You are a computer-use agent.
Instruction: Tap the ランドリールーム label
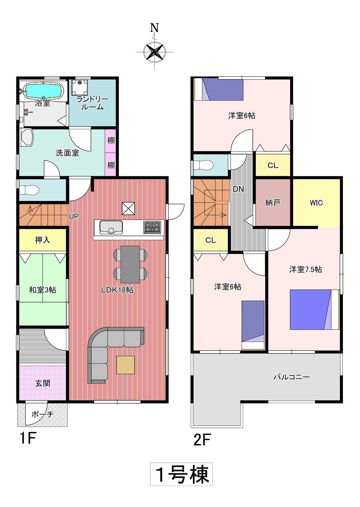tap(92, 103)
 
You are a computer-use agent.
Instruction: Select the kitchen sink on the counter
tap(111, 227)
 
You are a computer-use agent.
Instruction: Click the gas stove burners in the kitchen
tap(152, 227)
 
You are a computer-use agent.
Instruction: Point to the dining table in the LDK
tap(130, 264)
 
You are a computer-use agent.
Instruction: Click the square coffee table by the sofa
tap(125, 365)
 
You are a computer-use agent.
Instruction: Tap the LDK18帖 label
tap(117, 290)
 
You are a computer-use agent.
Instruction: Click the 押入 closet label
tap(43, 240)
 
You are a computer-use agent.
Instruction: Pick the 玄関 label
tap(43, 383)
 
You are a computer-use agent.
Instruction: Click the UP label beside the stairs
tap(74, 216)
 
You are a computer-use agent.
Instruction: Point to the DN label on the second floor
tap(238, 189)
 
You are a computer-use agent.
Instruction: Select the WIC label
tap(316, 203)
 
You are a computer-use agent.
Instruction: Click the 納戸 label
tap(273, 202)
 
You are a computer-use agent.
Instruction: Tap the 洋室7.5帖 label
tap(305, 269)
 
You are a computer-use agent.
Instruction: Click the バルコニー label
tap(292, 377)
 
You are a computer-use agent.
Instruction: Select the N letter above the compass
tap(154, 28)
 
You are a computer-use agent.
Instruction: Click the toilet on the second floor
tap(203, 165)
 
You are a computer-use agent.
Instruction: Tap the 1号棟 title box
tap(181, 474)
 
